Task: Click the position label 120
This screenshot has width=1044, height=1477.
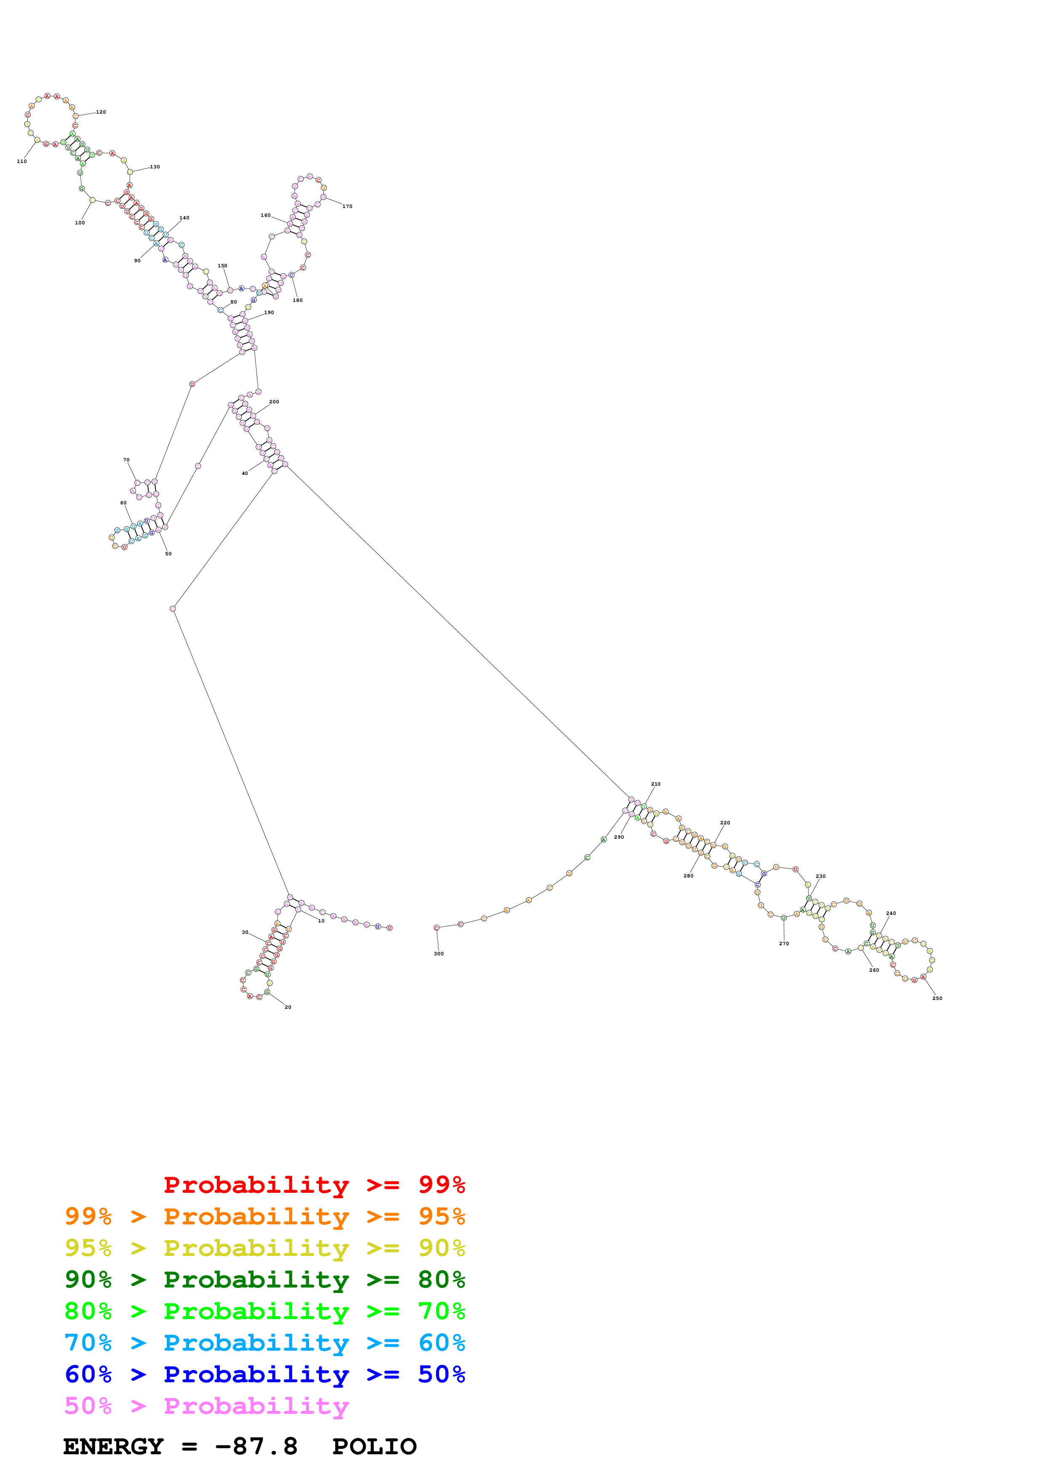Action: click(x=101, y=112)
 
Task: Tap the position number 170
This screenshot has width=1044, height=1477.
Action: click(x=347, y=206)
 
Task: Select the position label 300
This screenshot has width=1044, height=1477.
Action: click(x=439, y=954)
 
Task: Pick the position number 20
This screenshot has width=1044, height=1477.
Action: click(x=288, y=1008)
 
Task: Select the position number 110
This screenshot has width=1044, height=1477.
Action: click(x=22, y=161)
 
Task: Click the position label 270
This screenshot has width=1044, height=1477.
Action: click(x=784, y=944)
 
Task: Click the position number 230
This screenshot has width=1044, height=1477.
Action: click(x=821, y=876)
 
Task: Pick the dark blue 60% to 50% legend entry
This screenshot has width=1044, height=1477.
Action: click(x=265, y=1374)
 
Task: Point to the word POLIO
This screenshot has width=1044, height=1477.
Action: click(x=374, y=1447)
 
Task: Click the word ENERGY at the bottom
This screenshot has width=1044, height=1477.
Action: click(x=113, y=1447)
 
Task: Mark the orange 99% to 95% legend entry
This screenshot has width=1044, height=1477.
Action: click(x=265, y=1216)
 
